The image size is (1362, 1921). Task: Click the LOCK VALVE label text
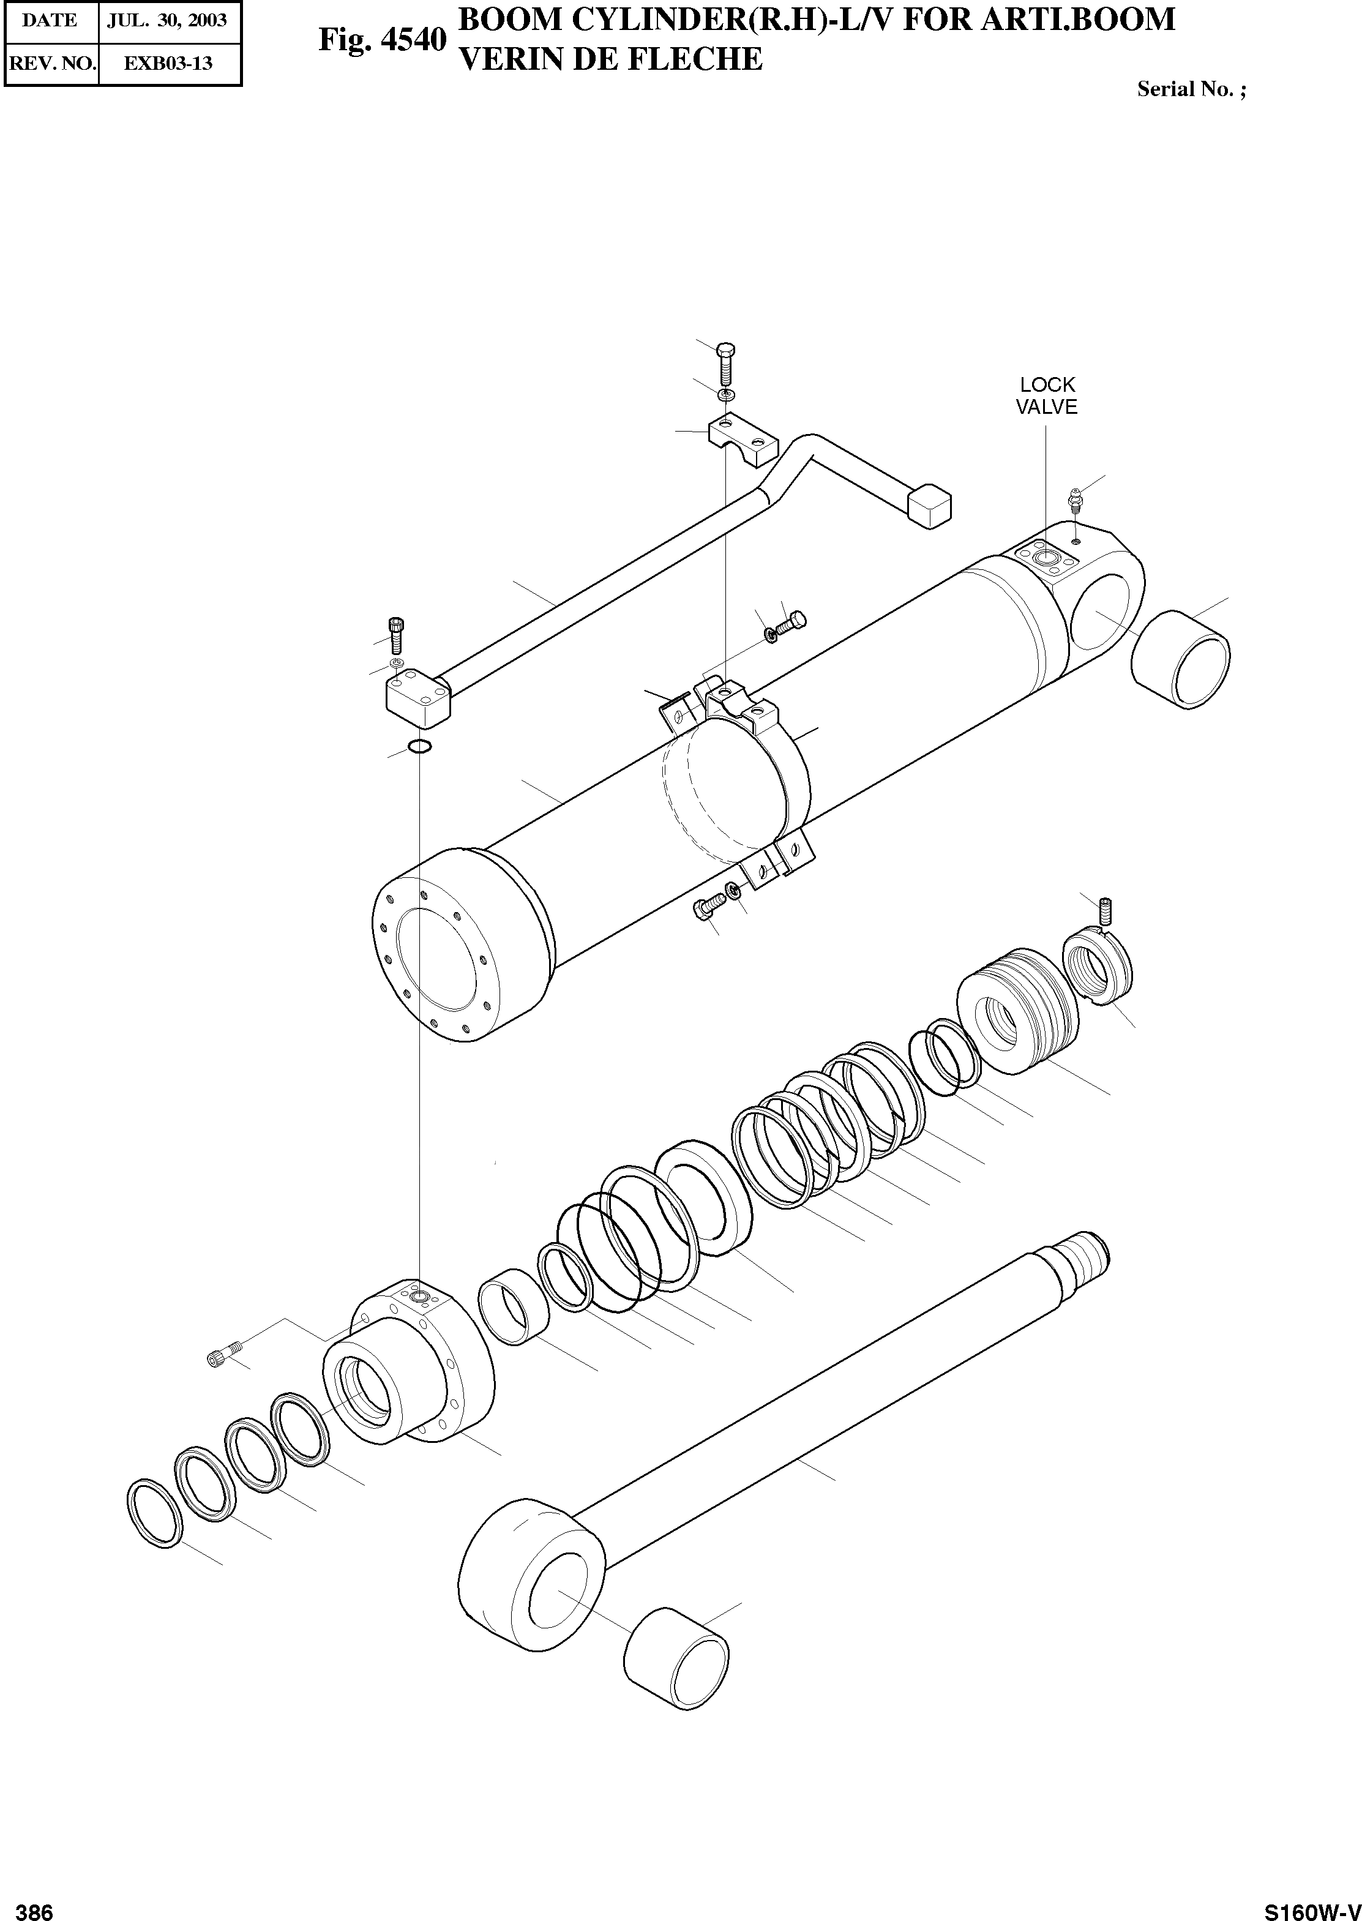1047,396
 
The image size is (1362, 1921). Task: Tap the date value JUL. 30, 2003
167,21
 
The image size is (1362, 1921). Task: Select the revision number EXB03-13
168,64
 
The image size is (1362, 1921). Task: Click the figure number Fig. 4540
381,39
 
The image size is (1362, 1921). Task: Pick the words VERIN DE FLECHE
612,59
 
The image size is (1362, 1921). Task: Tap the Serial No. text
1190,90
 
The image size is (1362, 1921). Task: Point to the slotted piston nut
1098,968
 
